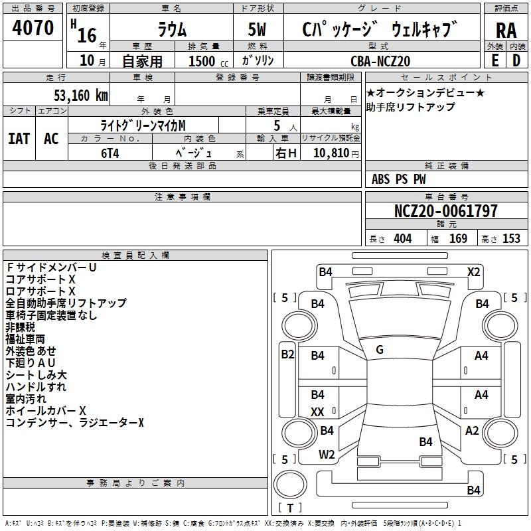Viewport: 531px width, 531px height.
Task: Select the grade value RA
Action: tap(506, 31)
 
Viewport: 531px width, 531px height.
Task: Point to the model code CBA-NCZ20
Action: tap(380, 61)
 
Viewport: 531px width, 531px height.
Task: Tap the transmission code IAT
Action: tap(19, 138)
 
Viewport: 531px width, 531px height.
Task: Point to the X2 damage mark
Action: tap(473, 271)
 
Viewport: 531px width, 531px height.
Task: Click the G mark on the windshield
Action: tap(379, 349)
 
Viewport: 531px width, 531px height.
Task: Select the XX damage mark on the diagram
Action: tap(317, 412)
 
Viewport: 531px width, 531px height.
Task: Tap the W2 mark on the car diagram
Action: tap(327, 455)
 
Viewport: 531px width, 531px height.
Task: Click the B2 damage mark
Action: tap(287, 354)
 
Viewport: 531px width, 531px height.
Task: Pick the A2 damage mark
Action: tap(472, 431)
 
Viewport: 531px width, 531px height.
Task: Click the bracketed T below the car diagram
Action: tap(289, 508)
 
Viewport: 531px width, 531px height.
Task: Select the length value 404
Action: tap(402, 238)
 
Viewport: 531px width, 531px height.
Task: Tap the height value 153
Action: tap(511, 238)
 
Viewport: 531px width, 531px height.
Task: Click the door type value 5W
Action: tap(258, 31)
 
